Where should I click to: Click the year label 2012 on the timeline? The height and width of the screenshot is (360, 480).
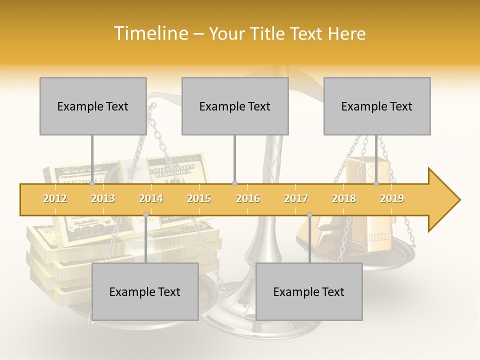(x=55, y=198)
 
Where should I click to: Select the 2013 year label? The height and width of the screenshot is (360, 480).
(x=103, y=198)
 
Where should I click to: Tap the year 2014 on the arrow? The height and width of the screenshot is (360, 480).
(x=151, y=198)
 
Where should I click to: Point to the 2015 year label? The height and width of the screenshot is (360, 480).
(x=199, y=198)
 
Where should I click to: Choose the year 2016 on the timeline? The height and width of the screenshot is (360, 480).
(x=248, y=198)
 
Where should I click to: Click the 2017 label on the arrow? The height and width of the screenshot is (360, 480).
(x=296, y=198)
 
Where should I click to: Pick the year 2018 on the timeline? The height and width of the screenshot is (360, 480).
(x=344, y=198)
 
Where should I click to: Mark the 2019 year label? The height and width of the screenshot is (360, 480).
(x=392, y=198)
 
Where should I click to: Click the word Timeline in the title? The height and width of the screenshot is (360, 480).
(x=149, y=33)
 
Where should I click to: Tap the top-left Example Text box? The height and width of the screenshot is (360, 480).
(x=93, y=106)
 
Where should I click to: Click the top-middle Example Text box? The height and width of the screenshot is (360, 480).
(x=235, y=106)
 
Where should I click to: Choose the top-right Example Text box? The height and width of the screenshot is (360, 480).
(x=377, y=106)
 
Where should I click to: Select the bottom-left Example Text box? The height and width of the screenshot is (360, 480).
(x=145, y=291)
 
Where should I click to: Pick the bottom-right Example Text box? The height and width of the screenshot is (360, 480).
(x=309, y=291)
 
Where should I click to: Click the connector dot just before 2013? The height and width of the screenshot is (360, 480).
(x=92, y=183)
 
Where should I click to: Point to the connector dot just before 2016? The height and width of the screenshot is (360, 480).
(x=235, y=183)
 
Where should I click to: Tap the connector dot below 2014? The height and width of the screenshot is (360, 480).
(x=145, y=215)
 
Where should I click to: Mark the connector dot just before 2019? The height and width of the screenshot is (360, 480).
(x=376, y=183)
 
